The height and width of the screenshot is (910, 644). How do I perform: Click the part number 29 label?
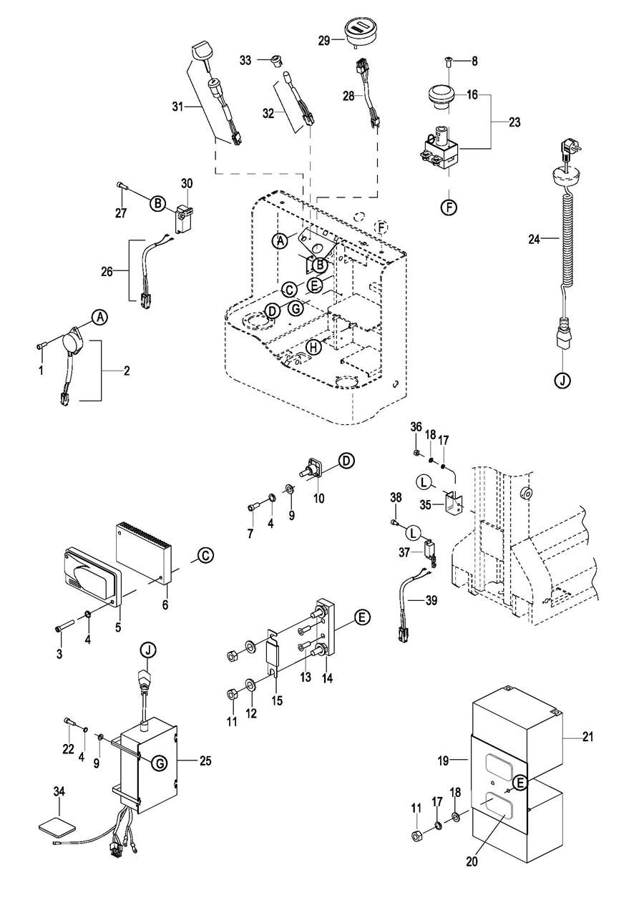tap(324, 41)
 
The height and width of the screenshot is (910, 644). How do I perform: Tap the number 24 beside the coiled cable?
tap(534, 240)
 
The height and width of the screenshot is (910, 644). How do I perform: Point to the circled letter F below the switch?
tap(449, 207)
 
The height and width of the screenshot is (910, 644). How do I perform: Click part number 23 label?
tap(514, 122)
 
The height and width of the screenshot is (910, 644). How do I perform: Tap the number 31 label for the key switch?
tap(178, 107)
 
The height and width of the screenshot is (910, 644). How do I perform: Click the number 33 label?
tap(245, 61)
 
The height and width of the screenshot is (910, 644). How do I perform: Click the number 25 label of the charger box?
tap(205, 760)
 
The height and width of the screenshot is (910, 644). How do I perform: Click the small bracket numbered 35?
tap(454, 503)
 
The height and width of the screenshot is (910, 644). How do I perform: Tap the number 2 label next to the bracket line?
tap(127, 371)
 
